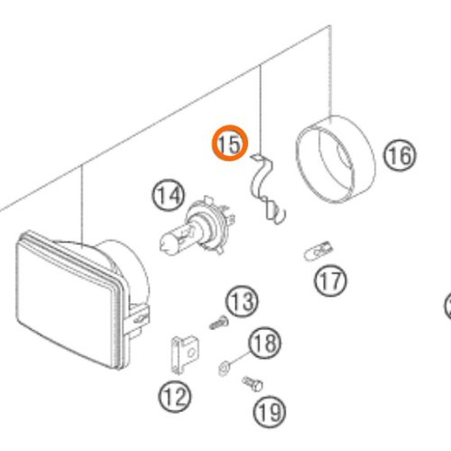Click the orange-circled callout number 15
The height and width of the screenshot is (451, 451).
pyautogui.click(x=230, y=143)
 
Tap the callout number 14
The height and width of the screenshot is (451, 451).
pyautogui.click(x=168, y=195)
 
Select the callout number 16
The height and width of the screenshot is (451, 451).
pyautogui.click(x=400, y=155)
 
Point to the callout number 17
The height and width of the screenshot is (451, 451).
pyautogui.click(x=330, y=281)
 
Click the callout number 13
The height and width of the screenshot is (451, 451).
pyautogui.click(x=242, y=301)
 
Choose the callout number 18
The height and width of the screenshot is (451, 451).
pyautogui.click(x=264, y=343)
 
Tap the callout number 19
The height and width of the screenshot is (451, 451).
pyautogui.click(x=269, y=411)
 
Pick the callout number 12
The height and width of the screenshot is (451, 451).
pyautogui.click(x=174, y=396)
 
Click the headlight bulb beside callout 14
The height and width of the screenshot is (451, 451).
pyautogui.click(x=197, y=228)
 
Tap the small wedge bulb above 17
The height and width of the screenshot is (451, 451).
pyautogui.click(x=318, y=251)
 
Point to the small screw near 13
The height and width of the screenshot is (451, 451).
pyautogui.click(x=219, y=324)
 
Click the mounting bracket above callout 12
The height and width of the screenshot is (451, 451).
pyautogui.click(x=185, y=354)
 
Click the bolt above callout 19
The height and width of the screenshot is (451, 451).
pyautogui.click(x=253, y=384)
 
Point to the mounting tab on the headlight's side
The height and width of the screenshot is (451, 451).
pyautogui.click(x=138, y=318)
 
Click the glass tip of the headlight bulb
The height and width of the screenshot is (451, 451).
pyautogui.click(x=165, y=243)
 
